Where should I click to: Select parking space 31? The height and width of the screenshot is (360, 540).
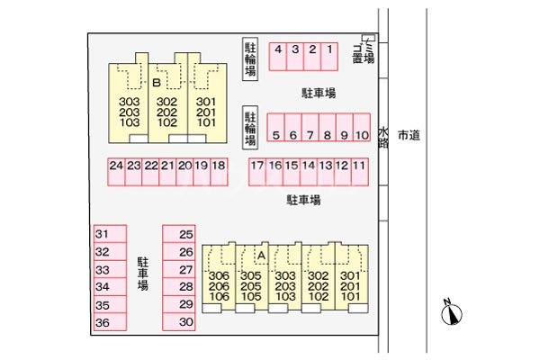[103, 234]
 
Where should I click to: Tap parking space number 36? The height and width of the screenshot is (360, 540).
[103, 322]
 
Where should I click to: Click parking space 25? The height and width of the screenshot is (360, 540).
[186, 234]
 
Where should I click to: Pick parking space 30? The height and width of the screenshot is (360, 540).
[186, 322]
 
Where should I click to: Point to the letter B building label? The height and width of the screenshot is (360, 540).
[157, 84]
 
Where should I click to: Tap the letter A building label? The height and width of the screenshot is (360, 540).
[261, 256]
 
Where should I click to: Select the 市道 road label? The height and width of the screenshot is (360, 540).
[409, 135]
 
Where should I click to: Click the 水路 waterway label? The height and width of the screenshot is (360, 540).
[383, 136]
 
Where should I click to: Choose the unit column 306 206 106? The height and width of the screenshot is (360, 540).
[219, 285]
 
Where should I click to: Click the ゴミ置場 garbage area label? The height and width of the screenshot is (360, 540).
[360, 50]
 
